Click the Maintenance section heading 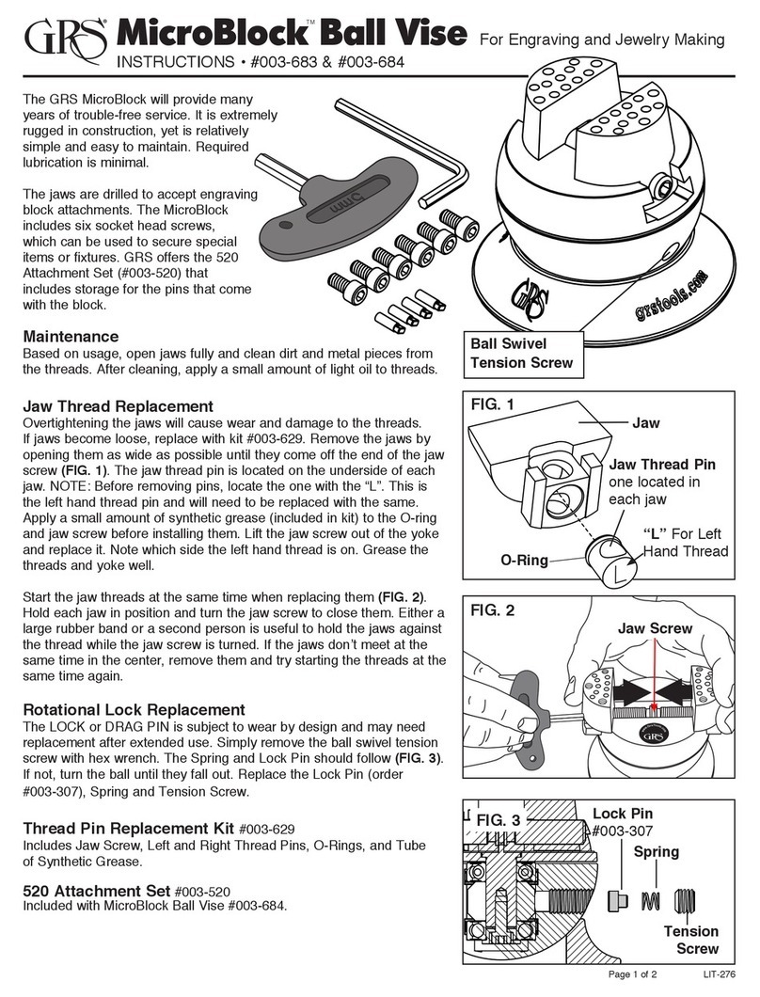[x=70, y=336]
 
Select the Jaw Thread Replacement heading [x=118, y=405]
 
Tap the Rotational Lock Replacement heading [x=133, y=709]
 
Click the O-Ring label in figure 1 [x=523, y=560]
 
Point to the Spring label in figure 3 [x=655, y=851]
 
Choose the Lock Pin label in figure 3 [x=623, y=814]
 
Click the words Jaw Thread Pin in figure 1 [x=663, y=465]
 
